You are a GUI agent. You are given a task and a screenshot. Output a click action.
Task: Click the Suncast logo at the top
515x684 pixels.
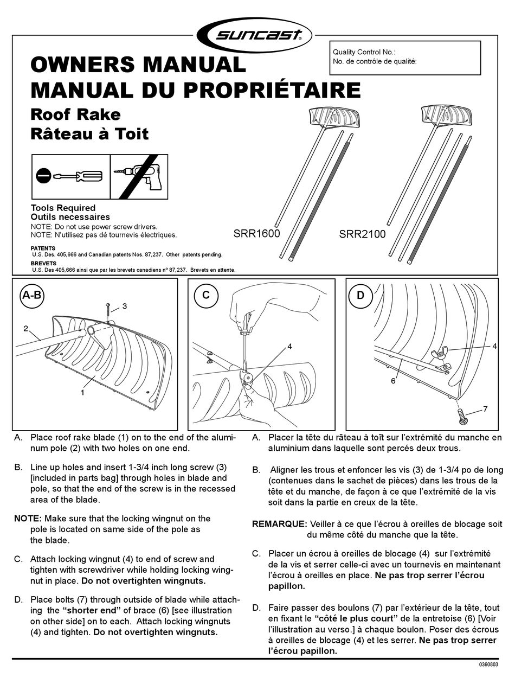(x=254, y=36)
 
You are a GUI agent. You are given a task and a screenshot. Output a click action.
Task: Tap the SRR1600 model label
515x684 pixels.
(x=256, y=233)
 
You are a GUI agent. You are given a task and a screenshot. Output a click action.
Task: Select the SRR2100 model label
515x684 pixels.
(x=362, y=234)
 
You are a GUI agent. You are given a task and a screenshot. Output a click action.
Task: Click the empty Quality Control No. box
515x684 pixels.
(x=405, y=58)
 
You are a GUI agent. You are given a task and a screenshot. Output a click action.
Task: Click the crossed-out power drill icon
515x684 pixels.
(x=139, y=177)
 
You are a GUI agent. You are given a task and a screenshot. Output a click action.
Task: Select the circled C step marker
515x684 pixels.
(x=206, y=295)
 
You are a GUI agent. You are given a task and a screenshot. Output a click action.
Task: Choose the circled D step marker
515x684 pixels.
(x=360, y=295)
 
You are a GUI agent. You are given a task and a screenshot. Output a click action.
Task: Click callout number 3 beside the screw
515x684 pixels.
(x=125, y=306)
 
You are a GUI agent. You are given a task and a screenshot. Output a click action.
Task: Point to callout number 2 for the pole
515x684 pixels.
(x=26, y=329)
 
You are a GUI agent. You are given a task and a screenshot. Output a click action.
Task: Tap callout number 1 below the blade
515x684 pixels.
(x=82, y=393)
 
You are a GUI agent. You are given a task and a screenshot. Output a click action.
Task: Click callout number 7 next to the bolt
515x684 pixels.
(x=485, y=409)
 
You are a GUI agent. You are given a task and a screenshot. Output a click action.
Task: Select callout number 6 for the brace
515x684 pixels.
(x=393, y=381)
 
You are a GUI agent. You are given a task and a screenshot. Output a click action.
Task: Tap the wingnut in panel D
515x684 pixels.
(x=439, y=354)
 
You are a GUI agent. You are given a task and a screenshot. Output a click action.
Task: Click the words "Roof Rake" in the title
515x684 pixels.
(x=76, y=114)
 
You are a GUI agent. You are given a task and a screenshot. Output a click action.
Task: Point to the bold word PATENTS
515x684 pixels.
(x=43, y=248)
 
